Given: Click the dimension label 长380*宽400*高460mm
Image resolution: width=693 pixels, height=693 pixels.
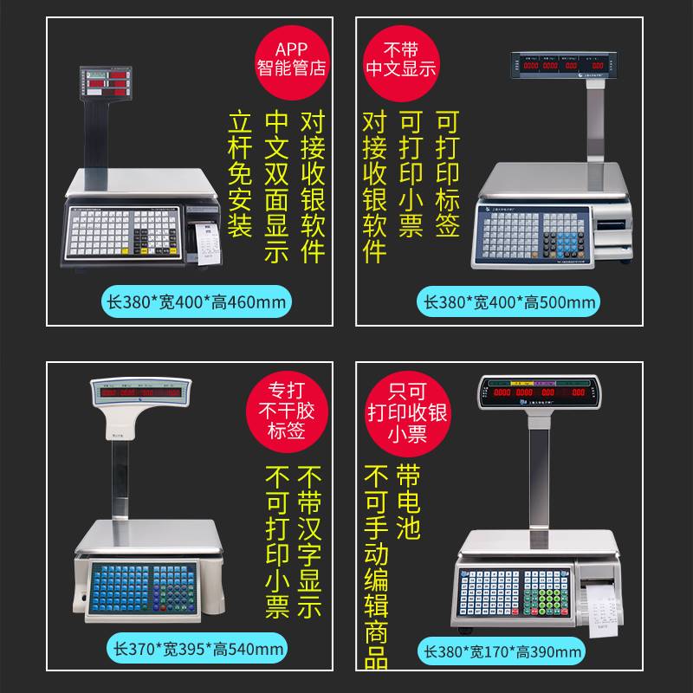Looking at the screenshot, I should pyautogui.click(x=197, y=301).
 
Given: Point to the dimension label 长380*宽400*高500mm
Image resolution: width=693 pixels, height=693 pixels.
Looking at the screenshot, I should pyautogui.click(x=509, y=301).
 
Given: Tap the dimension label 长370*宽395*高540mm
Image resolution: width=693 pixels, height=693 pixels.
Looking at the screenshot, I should pyautogui.click(x=198, y=648).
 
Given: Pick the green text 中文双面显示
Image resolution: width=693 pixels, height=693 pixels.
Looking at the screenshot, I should pyautogui.click(x=276, y=185).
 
